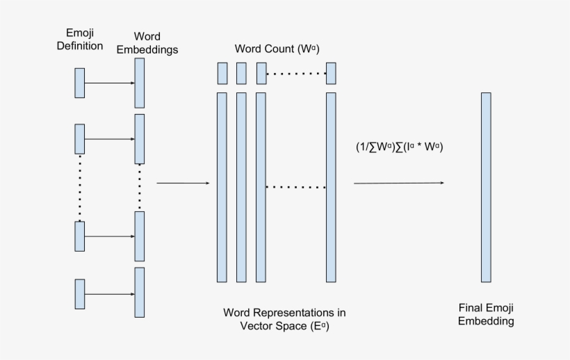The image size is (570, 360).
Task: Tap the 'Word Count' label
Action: tap(276, 49)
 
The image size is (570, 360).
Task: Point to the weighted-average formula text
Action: tap(399, 147)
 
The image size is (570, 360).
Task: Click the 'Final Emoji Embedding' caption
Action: tap(486, 314)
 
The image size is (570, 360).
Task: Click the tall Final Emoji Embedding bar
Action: tap(486, 187)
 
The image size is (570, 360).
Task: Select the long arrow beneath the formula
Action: tap(398, 183)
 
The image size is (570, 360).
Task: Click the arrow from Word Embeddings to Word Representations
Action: tap(183, 183)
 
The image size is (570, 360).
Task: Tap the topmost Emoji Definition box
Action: tap(80, 83)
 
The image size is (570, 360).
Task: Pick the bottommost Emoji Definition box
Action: tap(80, 293)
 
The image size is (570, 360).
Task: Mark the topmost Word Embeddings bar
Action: tap(140, 83)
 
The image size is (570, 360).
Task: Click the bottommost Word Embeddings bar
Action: tap(140, 292)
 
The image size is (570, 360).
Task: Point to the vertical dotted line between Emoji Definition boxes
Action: tap(80, 188)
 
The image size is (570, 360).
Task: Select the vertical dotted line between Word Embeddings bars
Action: tap(140, 187)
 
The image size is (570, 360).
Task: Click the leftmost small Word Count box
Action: tap(222, 73)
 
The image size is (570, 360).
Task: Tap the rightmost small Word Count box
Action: tap(331, 73)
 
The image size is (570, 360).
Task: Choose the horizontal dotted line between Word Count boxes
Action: tap(296, 73)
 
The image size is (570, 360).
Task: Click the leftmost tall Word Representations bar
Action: tap(222, 187)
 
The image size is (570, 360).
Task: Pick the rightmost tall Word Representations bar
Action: tap(331, 187)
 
